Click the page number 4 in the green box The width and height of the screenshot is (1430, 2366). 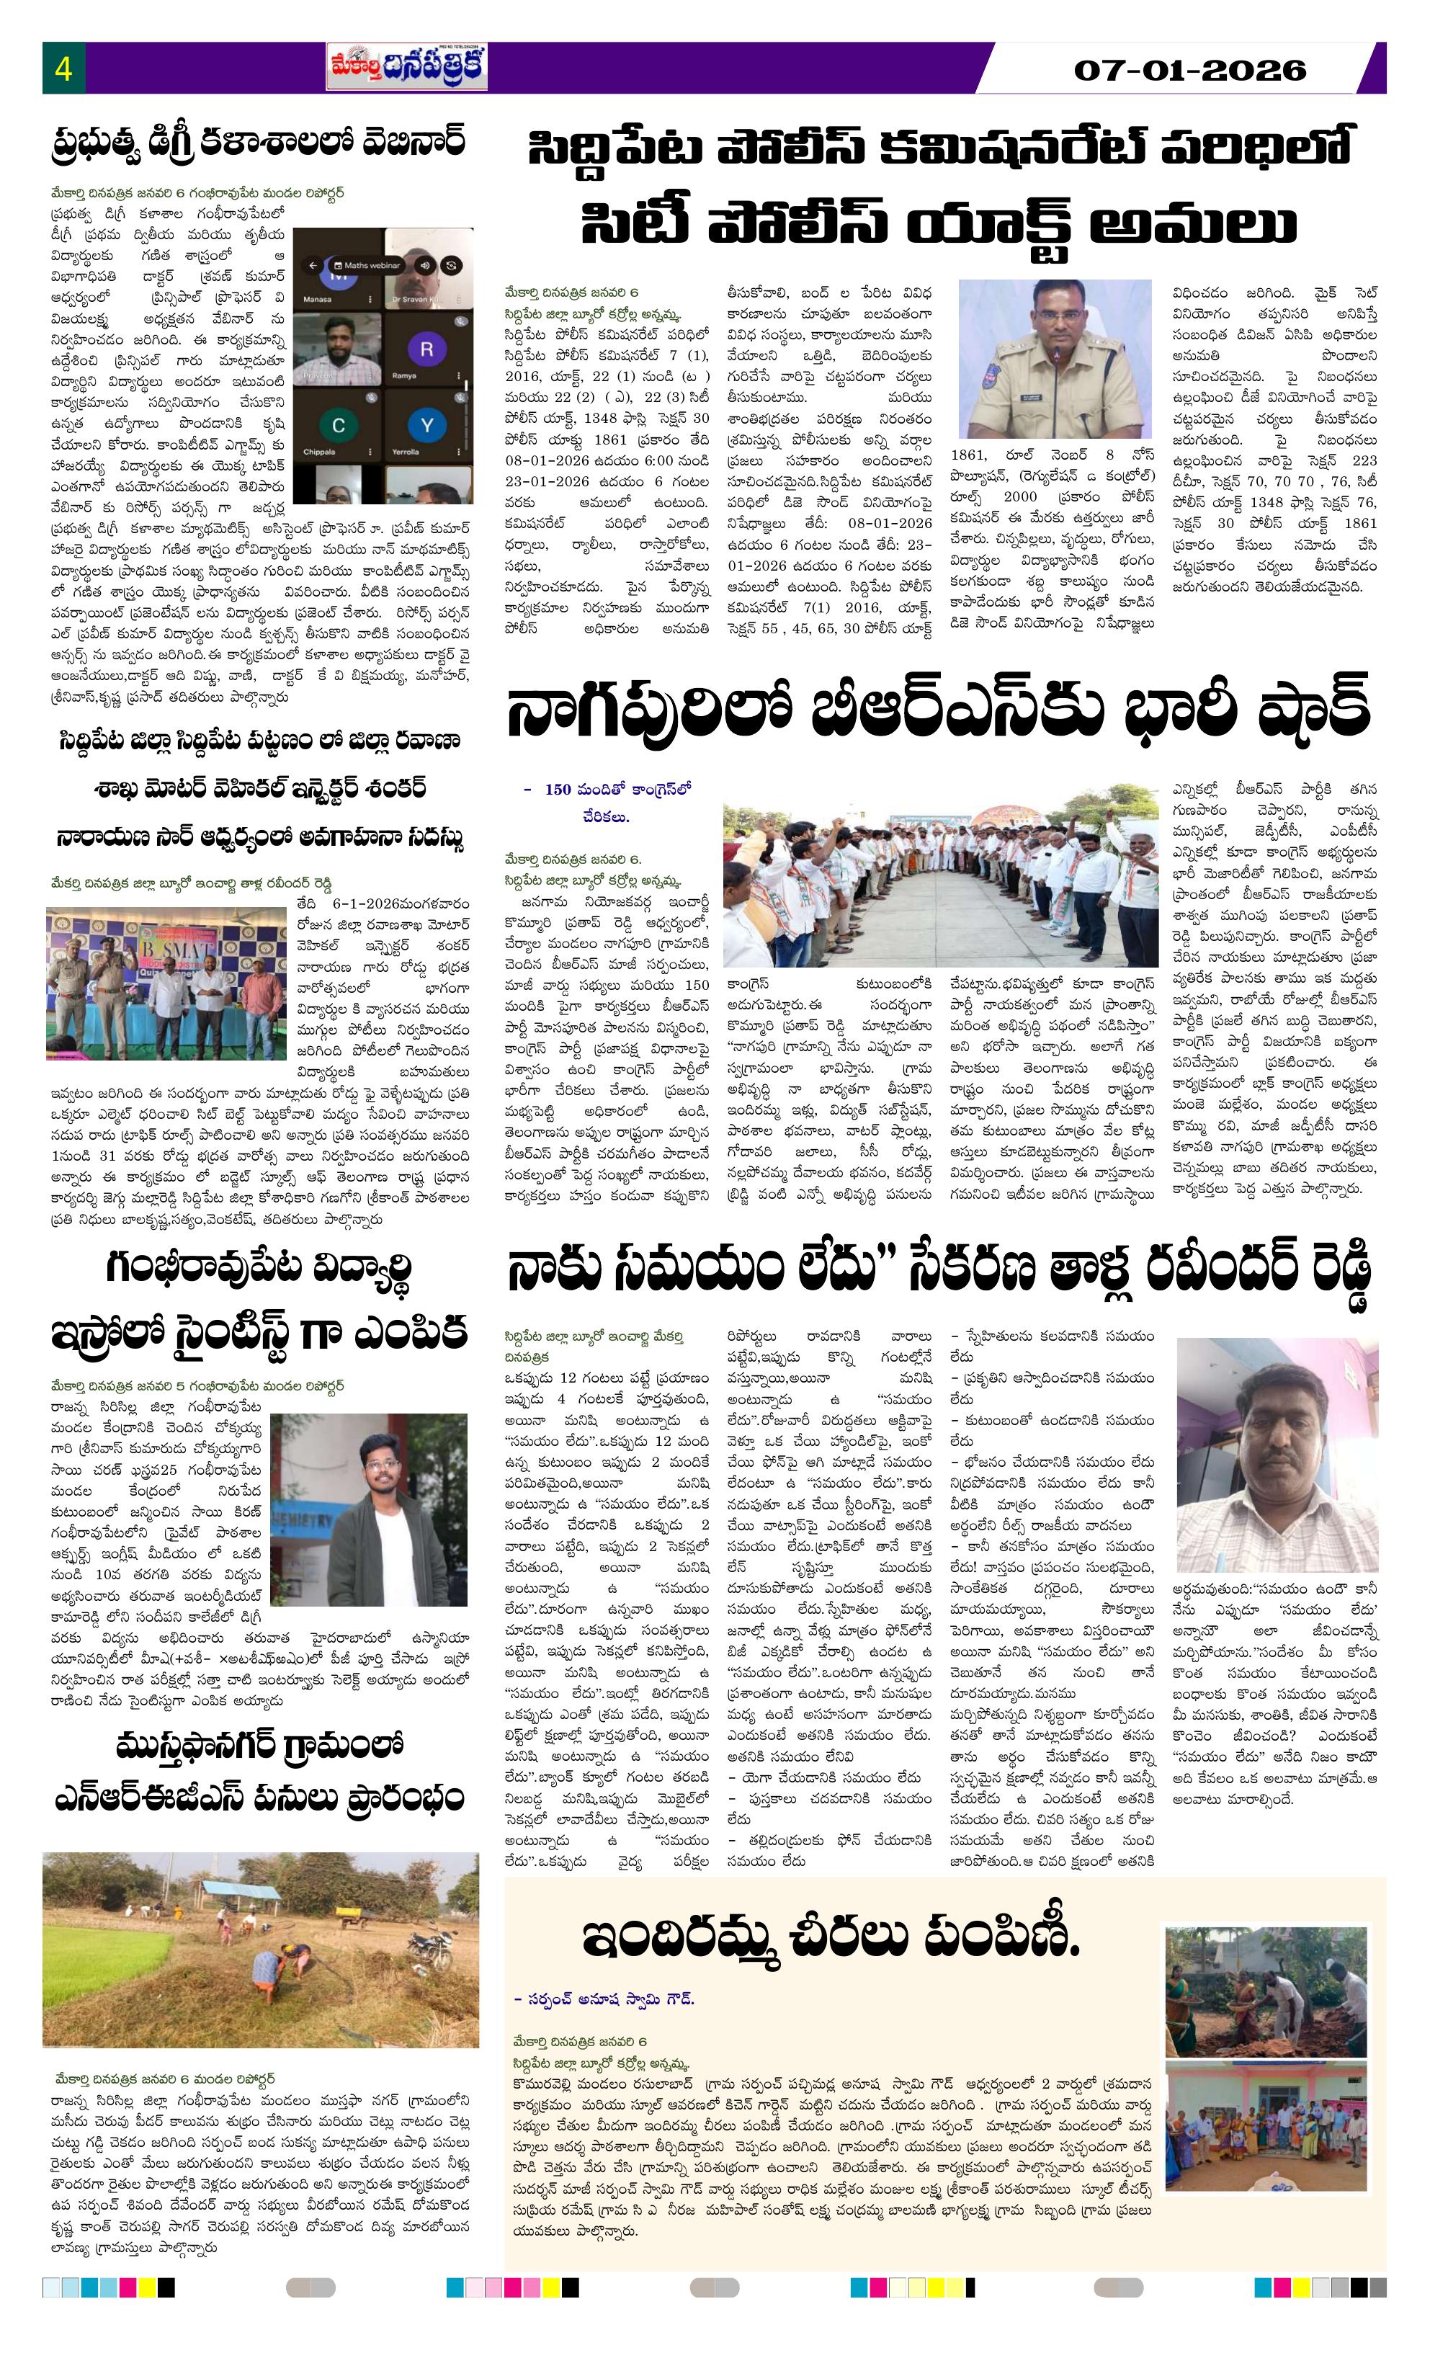click(63, 69)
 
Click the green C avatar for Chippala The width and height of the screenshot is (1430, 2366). click(338, 424)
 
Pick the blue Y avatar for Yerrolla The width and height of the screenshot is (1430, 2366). click(426, 424)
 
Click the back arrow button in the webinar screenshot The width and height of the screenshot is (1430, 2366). click(310, 264)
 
